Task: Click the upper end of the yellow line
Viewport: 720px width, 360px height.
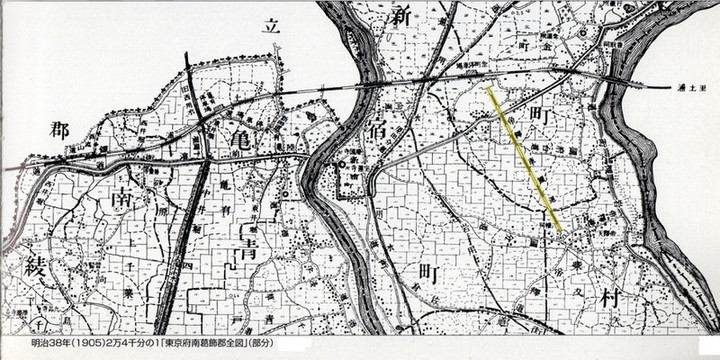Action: coord(488,89)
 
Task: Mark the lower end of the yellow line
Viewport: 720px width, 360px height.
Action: coord(560,230)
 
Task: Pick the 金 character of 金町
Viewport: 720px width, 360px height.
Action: coord(543,46)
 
